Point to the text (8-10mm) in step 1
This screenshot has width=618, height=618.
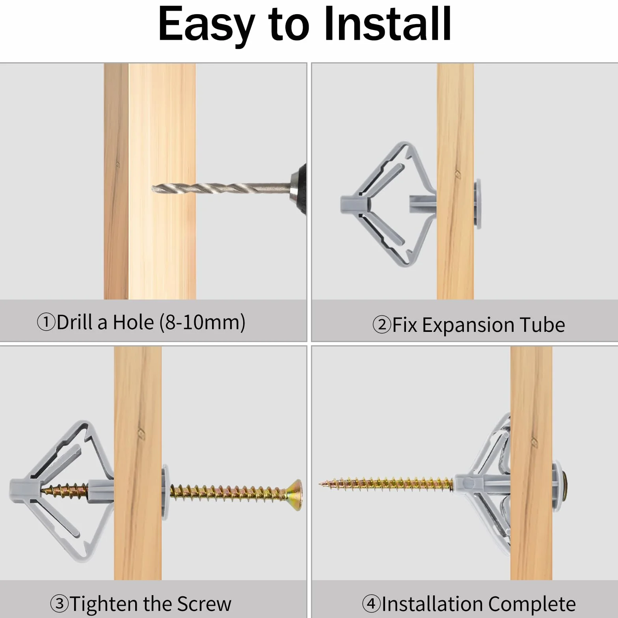click(203, 322)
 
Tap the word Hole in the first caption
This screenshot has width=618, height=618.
click(133, 322)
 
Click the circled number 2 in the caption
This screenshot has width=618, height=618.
click(382, 325)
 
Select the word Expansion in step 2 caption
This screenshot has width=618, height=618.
click(468, 326)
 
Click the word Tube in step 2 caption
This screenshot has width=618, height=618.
click(542, 325)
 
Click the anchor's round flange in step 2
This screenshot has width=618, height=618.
click(478, 203)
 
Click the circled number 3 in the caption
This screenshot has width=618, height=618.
click(60, 603)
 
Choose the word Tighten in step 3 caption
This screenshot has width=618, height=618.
click(104, 604)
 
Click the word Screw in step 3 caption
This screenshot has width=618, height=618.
click(204, 604)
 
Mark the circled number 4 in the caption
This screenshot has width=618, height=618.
click(371, 603)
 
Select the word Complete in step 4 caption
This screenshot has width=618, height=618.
click(532, 604)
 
